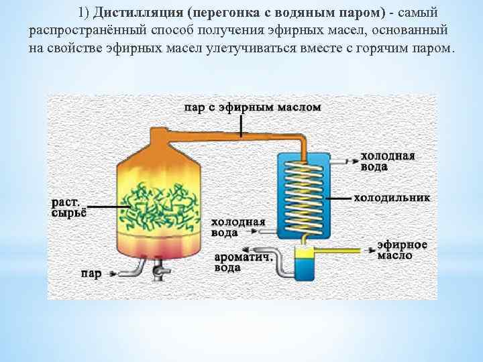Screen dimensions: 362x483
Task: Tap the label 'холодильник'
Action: coord(392,198)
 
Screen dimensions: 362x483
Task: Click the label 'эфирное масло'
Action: coord(402,250)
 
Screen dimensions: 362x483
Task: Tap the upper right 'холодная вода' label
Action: coord(388,162)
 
